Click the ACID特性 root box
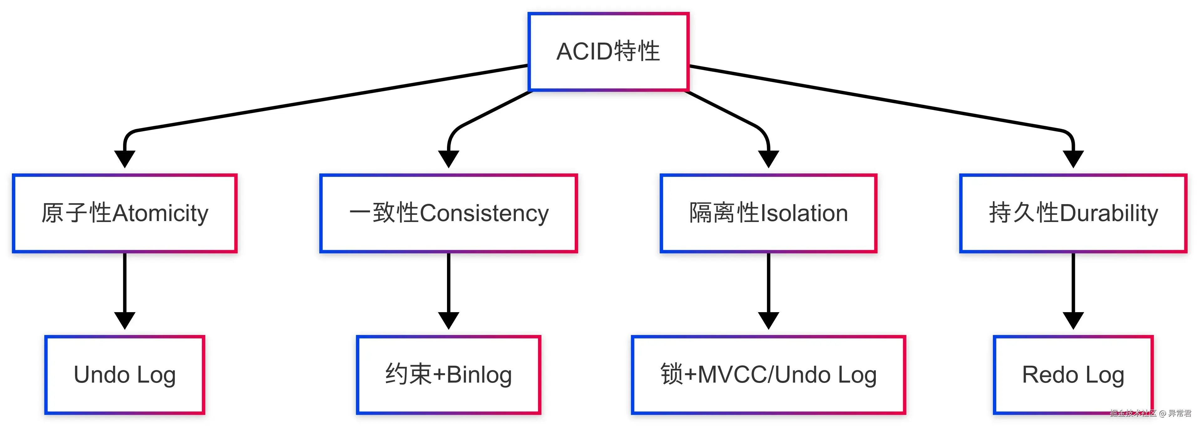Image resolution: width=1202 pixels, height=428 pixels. [x=608, y=51]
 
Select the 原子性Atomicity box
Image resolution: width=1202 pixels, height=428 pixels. [x=125, y=213]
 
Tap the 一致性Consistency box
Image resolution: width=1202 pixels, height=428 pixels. [x=449, y=213]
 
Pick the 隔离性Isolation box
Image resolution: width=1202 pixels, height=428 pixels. [x=768, y=213]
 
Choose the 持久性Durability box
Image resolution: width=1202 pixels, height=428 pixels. [x=1073, y=213]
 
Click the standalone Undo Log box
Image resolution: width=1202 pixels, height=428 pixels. [x=125, y=375]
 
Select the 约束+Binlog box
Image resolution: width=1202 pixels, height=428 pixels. [x=449, y=375]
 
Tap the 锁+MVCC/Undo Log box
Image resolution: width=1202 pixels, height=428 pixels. [x=768, y=375]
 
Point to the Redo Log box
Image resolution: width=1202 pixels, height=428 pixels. [x=1073, y=375]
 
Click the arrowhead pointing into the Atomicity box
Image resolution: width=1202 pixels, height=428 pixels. [x=125, y=159]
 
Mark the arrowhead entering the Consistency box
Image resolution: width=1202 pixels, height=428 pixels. [x=449, y=159]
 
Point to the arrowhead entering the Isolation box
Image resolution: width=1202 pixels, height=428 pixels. [x=768, y=159]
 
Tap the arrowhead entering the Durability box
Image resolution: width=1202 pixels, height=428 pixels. [x=1073, y=159]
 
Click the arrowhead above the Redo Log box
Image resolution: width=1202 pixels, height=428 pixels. [x=1073, y=320]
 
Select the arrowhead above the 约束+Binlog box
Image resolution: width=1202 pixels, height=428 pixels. [x=449, y=320]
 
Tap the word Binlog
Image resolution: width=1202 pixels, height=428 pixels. [x=479, y=375]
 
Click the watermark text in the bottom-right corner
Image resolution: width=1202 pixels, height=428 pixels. [x=1150, y=413]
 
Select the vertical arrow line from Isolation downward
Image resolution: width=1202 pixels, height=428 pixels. [x=768, y=282]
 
